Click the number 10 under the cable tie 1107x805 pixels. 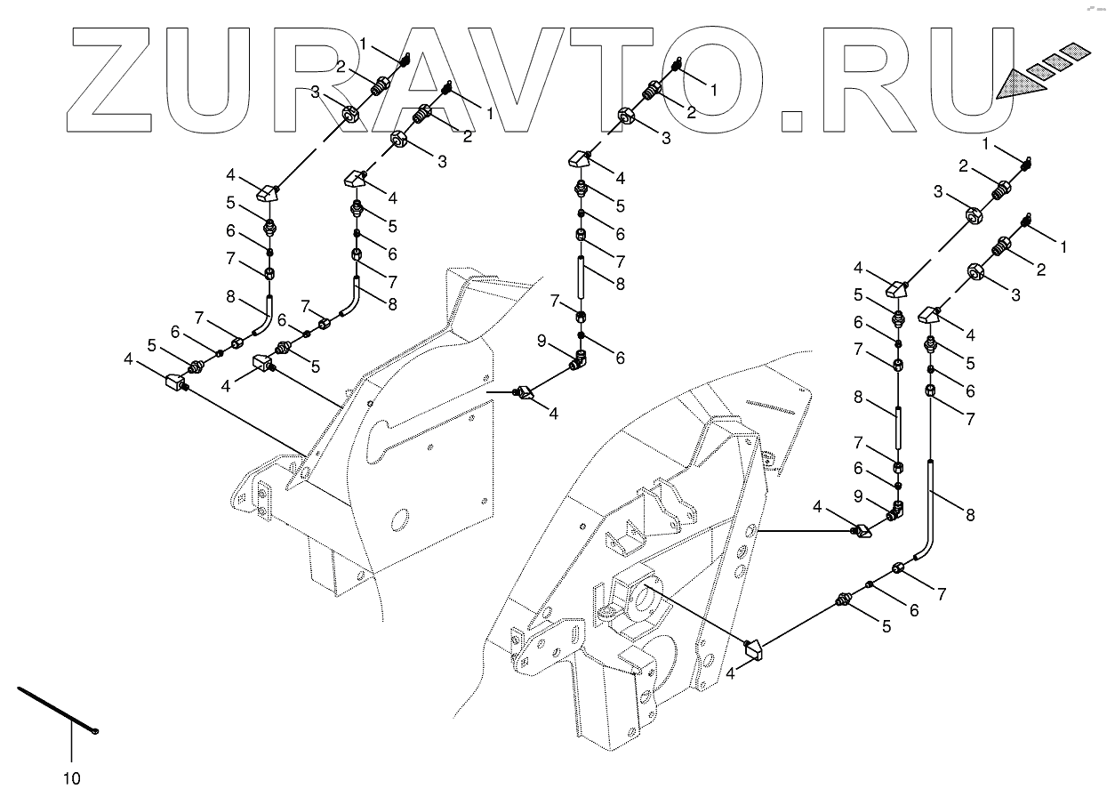[72, 779]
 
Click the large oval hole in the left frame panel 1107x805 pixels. [400, 519]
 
